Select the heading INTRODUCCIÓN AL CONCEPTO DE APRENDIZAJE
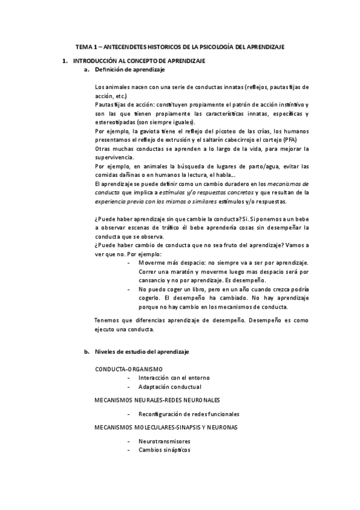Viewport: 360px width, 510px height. point(139,61)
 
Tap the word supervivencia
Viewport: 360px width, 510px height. point(115,157)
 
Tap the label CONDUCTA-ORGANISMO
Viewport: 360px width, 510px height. point(129,368)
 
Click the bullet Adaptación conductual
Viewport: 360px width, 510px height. point(169,387)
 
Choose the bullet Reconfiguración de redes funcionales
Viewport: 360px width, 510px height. point(189,414)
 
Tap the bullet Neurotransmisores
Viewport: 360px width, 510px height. point(168,441)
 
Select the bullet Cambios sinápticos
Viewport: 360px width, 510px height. point(164,450)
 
